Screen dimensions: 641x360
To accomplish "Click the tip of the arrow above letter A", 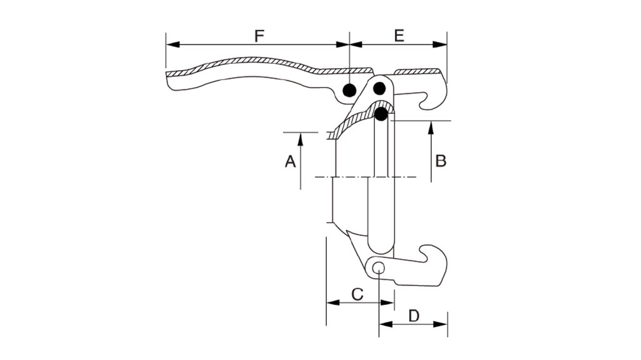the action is pyautogui.click(x=300, y=133).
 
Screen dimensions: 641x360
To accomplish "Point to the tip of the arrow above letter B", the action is pyautogui.click(x=431, y=121).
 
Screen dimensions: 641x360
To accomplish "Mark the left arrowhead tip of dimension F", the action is pyautogui.click(x=167, y=44).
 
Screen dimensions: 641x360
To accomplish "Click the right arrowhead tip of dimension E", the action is pyautogui.click(x=447, y=44).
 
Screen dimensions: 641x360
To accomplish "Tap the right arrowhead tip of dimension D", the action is pyautogui.click(x=447, y=324).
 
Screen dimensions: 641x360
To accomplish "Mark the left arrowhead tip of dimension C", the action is pyautogui.click(x=327, y=303).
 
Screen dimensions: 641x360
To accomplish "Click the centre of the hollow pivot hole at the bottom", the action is pyautogui.click(x=379, y=269).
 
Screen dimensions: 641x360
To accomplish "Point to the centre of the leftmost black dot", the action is pyautogui.click(x=349, y=90).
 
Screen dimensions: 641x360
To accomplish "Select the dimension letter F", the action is pyautogui.click(x=259, y=36).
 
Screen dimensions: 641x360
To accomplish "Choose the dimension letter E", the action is pyautogui.click(x=399, y=36).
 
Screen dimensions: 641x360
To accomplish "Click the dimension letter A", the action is pyautogui.click(x=290, y=161).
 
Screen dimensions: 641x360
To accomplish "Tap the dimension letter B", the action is pyautogui.click(x=441, y=161).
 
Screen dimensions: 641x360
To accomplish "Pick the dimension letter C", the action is pyautogui.click(x=357, y=294).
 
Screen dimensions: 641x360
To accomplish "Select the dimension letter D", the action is pyautogui.click(x=414, y=316).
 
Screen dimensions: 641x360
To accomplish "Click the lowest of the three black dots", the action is pyautogui.click(x=381, y=114).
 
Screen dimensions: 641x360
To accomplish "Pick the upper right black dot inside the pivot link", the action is pyautogui.click(x=380, y=88).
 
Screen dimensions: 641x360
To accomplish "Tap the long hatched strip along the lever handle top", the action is pyautogui.click(x=269, y=66).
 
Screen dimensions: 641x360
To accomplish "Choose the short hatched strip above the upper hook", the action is pyautogui.click(x=418, y=72).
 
